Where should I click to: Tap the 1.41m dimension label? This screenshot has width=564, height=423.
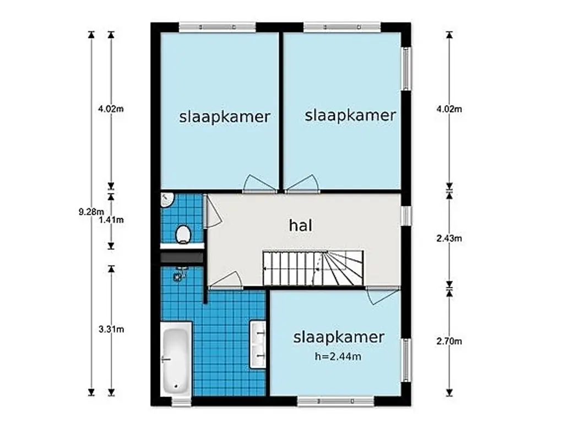[x=111, y=220]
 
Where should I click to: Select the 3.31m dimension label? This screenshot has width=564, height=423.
[x=111, y=329]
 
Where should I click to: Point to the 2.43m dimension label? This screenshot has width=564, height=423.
[x=449, y=238]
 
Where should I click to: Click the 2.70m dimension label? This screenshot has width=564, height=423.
[x=449, y=341]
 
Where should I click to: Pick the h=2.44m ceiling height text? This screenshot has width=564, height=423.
[x=338, y=356]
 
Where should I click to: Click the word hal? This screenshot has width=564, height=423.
[x=301, y=225]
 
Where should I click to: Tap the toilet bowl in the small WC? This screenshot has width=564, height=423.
[x=183, y=235]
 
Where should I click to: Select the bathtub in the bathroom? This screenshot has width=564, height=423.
[x=176, y=359]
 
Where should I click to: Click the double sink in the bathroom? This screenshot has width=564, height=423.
[x=258, y=345]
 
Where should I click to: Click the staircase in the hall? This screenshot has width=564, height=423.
[x=313, y=268]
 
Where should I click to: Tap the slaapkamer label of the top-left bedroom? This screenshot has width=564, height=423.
[x=225, y=117]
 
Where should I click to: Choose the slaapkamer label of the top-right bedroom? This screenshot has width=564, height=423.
[x=350, y=116]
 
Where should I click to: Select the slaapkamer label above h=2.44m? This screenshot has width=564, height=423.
[x=339, y=338]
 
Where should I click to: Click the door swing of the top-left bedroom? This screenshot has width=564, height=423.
[x=260, y=183]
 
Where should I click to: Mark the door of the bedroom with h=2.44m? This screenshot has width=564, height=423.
[x=383, y=295]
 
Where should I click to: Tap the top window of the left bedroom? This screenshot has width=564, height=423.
[x=217, y=27]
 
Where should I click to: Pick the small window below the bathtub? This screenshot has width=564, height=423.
[x=181, y=402]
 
